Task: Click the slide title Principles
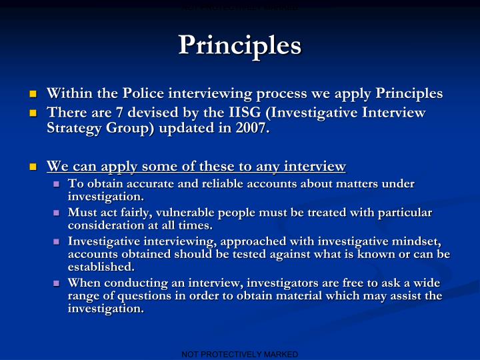[x=240, y=45]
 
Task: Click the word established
[x=101, y=266]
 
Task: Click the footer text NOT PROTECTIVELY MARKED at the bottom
[x=240, y=355]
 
